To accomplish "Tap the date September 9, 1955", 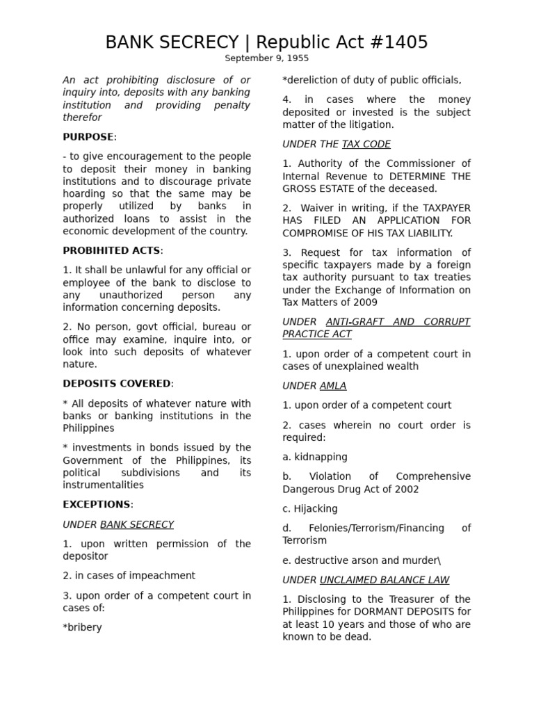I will (x=266, y=58).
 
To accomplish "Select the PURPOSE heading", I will (x=88, y=137).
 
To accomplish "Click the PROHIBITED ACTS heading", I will (x=113, y=250).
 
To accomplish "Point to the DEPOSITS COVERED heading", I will (x=117, y=384).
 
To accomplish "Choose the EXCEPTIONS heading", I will (x=97, y=505).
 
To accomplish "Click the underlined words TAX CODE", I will (x=366, y=144).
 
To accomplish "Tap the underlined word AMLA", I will (x=333, y=385).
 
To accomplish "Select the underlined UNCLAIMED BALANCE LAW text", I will (x=385, y=579).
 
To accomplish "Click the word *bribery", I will (x=82, y=627).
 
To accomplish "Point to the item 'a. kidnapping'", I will (x=315, y=457).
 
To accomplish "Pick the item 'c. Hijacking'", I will (x=310, y=508).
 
